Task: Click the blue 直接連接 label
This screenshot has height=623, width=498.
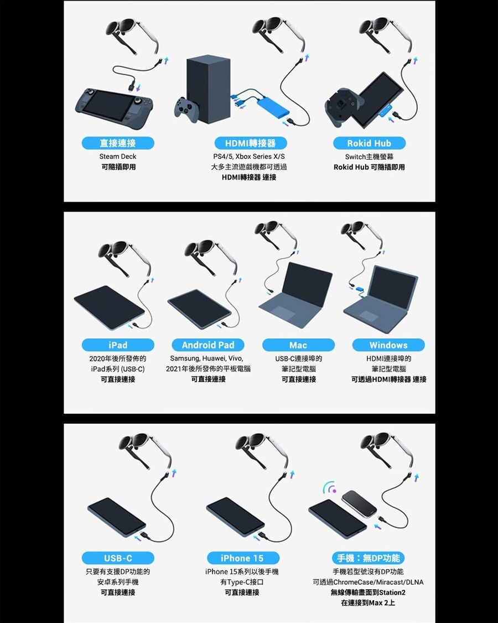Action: point(118,143)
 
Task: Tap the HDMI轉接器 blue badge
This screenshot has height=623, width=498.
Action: point(250,143)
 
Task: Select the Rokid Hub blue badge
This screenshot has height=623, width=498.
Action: point(369,143)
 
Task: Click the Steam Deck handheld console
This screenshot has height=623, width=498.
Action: point(114,104)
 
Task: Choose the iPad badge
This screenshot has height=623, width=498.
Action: point(118,345)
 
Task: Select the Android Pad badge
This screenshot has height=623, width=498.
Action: point(208,345)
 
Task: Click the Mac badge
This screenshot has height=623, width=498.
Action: point(298,345)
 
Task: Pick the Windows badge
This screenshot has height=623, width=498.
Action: point(388,345)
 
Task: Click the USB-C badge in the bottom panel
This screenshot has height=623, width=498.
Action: point(118,558)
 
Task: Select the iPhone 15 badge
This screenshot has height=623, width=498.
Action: point(243,558)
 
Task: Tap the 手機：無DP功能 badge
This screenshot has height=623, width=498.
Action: point(368,558)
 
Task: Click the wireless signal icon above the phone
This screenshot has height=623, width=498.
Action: point(329,487)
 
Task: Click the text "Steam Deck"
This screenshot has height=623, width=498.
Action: point(117,157)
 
